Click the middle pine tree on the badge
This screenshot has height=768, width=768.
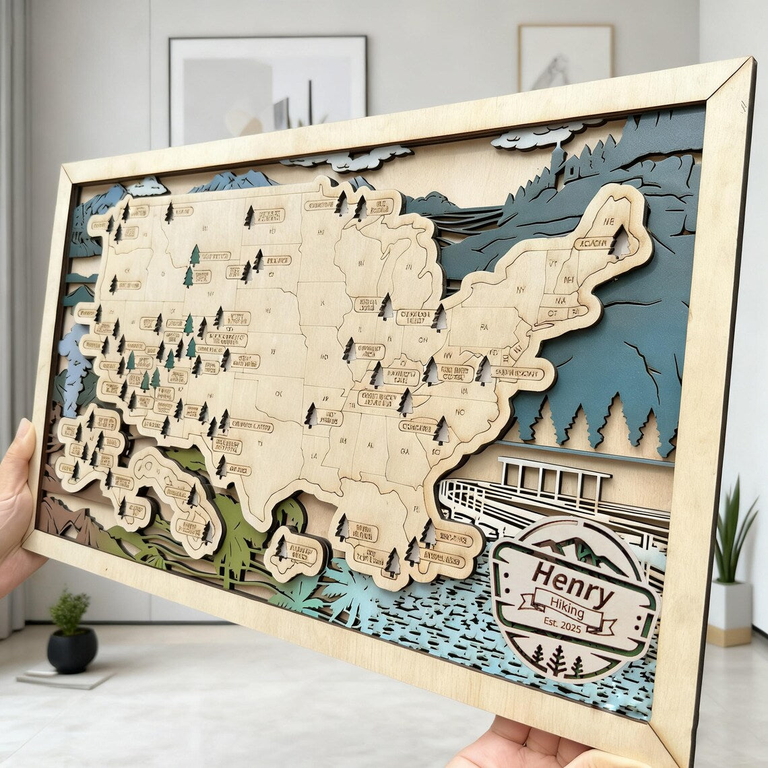pyautogui.click(x=556, y=659)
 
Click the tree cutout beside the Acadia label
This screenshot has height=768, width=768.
pyautogui.click(x=618, y=242)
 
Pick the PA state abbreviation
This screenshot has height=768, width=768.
pyautogui.click(x=484, y=327)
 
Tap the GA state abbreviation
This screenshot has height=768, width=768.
pyautogui.click(x=405, y=451)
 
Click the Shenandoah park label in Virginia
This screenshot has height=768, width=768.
pyautogui.click(x=517, y=373)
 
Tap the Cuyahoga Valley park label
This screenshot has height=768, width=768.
pyautogui.click(x=414, y=316)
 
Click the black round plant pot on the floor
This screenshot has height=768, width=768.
pyautogui.click(x=71, y=649)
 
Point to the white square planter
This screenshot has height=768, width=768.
pyautogui.click(x=728, y=610)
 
